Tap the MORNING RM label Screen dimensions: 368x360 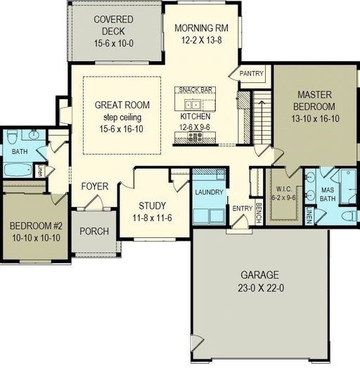[x=198, y=28]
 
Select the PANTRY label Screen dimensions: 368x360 [x=251, y=73]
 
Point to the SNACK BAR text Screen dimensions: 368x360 [x=195, y=90]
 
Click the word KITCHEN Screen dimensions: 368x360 [x=195, y=115]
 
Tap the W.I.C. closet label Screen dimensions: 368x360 [x=285, y=188]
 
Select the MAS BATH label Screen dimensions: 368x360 [x=327, y=194]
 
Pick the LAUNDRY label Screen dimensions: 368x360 [x=210, y=192]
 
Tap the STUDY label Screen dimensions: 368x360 [x=151, y=205]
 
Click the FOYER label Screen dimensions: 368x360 [x=94, y=186]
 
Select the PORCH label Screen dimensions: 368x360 [x=93, y=231]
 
